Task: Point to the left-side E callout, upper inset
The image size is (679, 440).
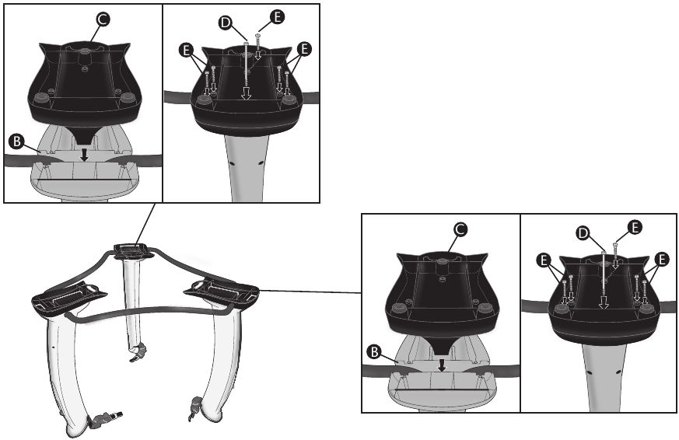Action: [184, 49]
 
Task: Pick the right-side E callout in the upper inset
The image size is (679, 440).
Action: [303, 49]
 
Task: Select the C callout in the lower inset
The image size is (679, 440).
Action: [460, 229]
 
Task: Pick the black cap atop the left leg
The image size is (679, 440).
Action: [68, 296]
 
